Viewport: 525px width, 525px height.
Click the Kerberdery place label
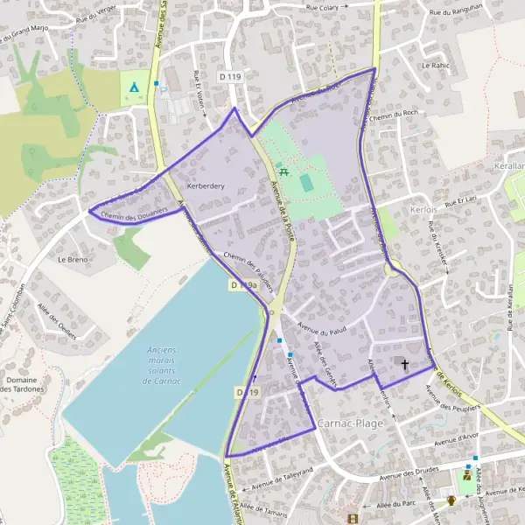click(206, 186)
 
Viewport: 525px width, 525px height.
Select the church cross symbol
click(404, 364)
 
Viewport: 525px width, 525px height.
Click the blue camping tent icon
click(133, 87)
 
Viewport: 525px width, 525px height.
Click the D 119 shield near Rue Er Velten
click(230, 77)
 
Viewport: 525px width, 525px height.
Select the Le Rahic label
click(435, 66)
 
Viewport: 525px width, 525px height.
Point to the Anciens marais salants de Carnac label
click(157, 366)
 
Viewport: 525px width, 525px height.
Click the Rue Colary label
click(323, 6)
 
